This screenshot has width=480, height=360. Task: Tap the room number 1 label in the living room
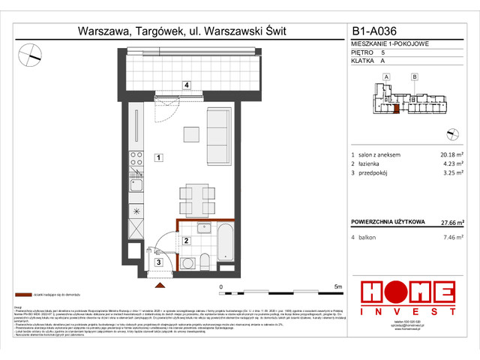(158, 157)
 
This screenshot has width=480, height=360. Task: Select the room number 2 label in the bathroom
(184, 241)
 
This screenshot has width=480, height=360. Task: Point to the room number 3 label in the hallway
(158, 262)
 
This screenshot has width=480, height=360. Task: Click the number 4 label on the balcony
(186, 85)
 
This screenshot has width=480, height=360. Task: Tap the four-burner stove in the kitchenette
(137, 158)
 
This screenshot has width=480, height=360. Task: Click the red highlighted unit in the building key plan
(395, 109)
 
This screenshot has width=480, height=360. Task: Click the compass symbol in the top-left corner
(31, 53)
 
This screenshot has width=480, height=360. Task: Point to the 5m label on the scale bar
(338, 286)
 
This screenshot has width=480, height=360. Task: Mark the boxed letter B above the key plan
(413, 76)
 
